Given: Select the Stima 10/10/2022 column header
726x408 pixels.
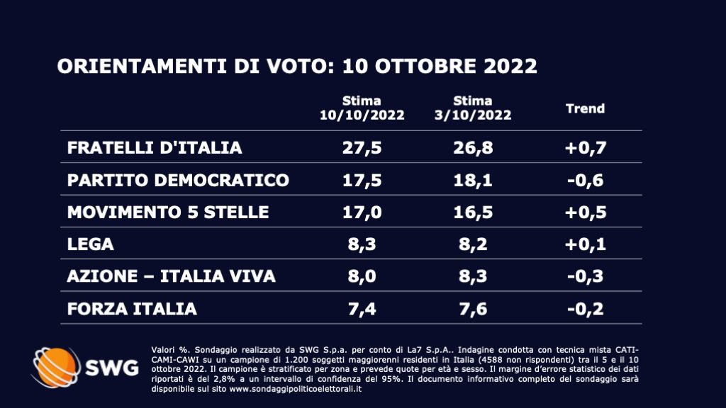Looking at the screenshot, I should coord(362,108).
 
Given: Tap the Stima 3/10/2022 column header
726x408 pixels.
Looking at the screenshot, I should coord(473,108).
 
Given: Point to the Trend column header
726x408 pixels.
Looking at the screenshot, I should coord(585,108).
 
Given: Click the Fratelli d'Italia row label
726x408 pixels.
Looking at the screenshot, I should coord(155,147).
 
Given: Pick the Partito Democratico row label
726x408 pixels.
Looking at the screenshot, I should coord(178,180).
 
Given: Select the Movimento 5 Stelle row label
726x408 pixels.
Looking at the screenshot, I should coord(168,212).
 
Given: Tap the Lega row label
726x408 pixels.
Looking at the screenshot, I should coord(91,244).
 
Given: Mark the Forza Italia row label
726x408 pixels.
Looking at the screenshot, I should coord(132,309).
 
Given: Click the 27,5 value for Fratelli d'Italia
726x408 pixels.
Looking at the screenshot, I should coord(362,147).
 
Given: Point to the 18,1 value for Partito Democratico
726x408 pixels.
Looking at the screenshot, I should coord(473,180).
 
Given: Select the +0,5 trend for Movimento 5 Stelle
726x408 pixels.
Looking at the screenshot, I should coord(585,212).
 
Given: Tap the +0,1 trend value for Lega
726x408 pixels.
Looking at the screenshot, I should coord(585,244).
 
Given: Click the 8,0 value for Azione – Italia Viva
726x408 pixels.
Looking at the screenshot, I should coord(362,276).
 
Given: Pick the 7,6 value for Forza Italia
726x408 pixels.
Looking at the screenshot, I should coord(473,309).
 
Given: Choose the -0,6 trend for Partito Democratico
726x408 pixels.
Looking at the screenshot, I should coord(585,180).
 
